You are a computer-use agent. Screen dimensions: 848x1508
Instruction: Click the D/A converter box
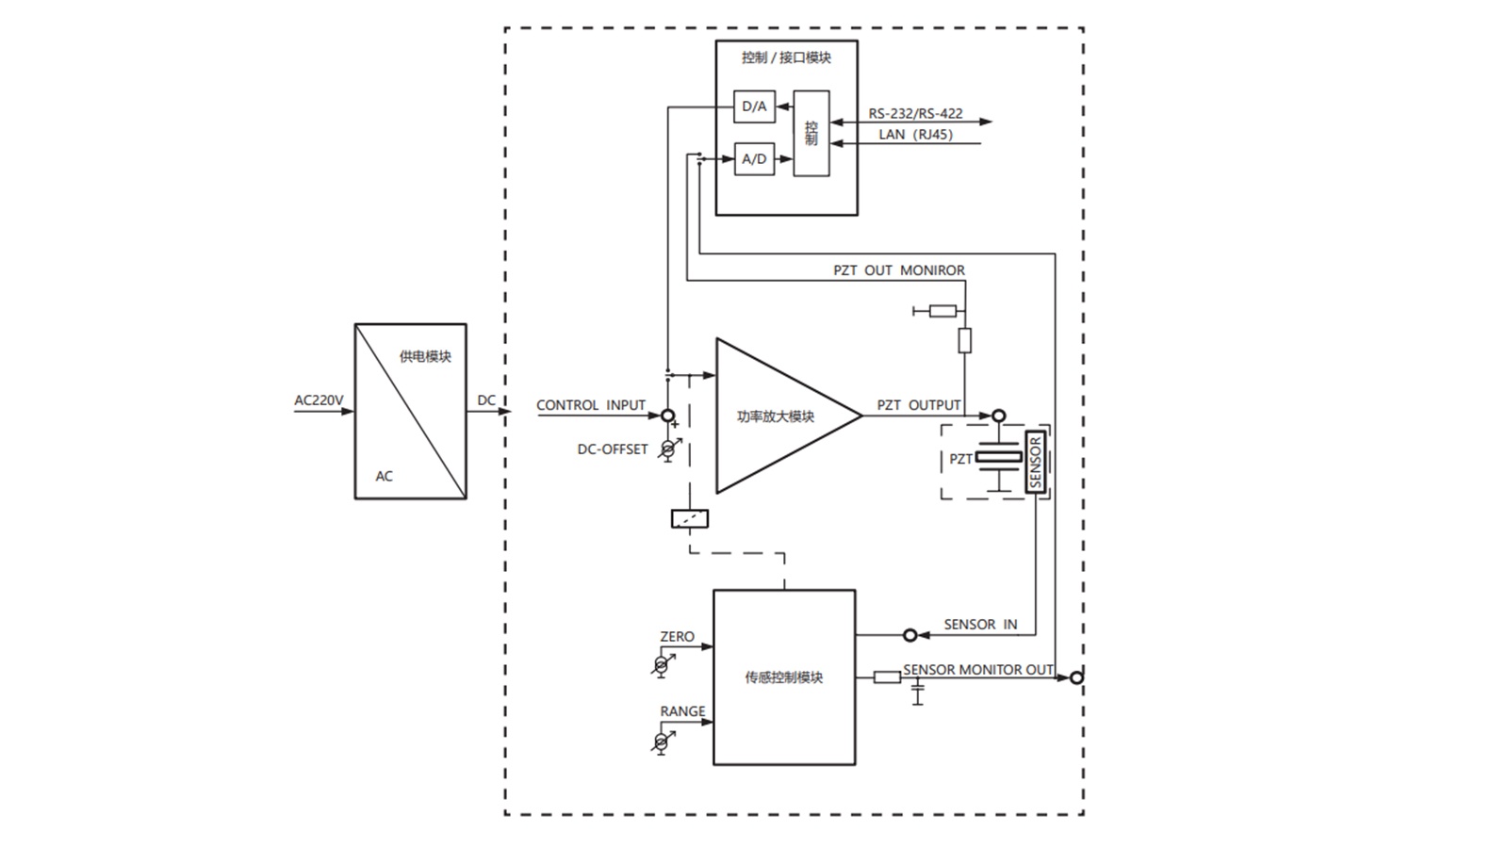754,106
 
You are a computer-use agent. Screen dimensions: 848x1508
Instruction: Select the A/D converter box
754,159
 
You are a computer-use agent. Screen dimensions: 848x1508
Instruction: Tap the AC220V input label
319,400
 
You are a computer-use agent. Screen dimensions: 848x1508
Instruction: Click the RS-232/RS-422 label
915,113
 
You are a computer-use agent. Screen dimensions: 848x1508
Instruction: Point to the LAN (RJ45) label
915,135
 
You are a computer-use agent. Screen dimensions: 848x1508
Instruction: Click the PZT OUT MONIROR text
898,270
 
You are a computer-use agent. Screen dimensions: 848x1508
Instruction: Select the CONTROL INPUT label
591,405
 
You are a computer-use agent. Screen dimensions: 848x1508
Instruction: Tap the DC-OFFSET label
613,449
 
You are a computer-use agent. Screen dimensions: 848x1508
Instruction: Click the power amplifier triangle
778,416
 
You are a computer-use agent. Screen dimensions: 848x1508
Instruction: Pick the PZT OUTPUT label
919,405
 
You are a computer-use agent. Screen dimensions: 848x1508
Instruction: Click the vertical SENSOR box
1036,462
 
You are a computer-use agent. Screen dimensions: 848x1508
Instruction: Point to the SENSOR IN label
980,625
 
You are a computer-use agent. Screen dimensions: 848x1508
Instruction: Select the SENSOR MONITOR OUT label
978,670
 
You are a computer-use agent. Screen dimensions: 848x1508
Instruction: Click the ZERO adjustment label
677,637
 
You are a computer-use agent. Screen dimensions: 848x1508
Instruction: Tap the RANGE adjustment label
682,711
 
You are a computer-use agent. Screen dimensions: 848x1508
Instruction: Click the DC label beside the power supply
486,400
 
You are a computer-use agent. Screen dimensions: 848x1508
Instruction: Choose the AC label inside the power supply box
384,476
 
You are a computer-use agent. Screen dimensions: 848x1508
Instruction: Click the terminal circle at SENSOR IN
910,636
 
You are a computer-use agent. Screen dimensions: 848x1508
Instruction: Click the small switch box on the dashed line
689,518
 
